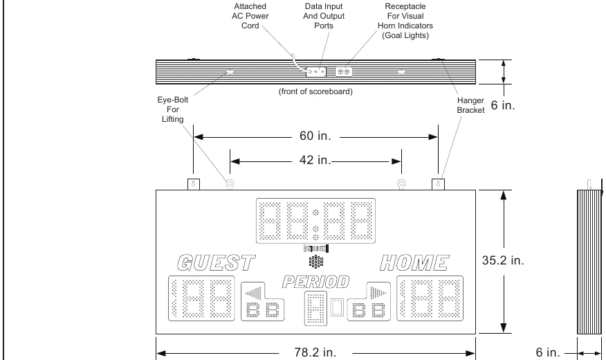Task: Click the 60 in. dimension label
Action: click(315, 136)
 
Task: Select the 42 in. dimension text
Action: click(315, 160)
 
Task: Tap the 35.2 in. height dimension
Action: click(503, 260)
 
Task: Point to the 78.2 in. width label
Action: click(315, 352)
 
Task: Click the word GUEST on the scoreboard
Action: click(217, 263)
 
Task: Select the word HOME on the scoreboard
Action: click(414, 263)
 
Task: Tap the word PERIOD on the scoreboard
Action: click(315, 282)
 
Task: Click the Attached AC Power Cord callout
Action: click(250, 16)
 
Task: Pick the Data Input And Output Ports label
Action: click(324, 16)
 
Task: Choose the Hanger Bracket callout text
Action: click(470, 105)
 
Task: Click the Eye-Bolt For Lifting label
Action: click(173, 109)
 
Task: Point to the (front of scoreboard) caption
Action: click(315, 91)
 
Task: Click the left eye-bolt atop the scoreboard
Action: click(230, 183)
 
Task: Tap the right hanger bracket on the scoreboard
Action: click(439, 184)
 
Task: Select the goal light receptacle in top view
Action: click(344, 71)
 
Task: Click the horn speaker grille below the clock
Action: click(315, 262)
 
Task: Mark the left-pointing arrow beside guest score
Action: click(254, 293)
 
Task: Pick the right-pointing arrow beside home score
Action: click(378, 293)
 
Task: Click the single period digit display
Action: click(315, 308)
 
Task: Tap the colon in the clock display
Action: click(315, 225)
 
